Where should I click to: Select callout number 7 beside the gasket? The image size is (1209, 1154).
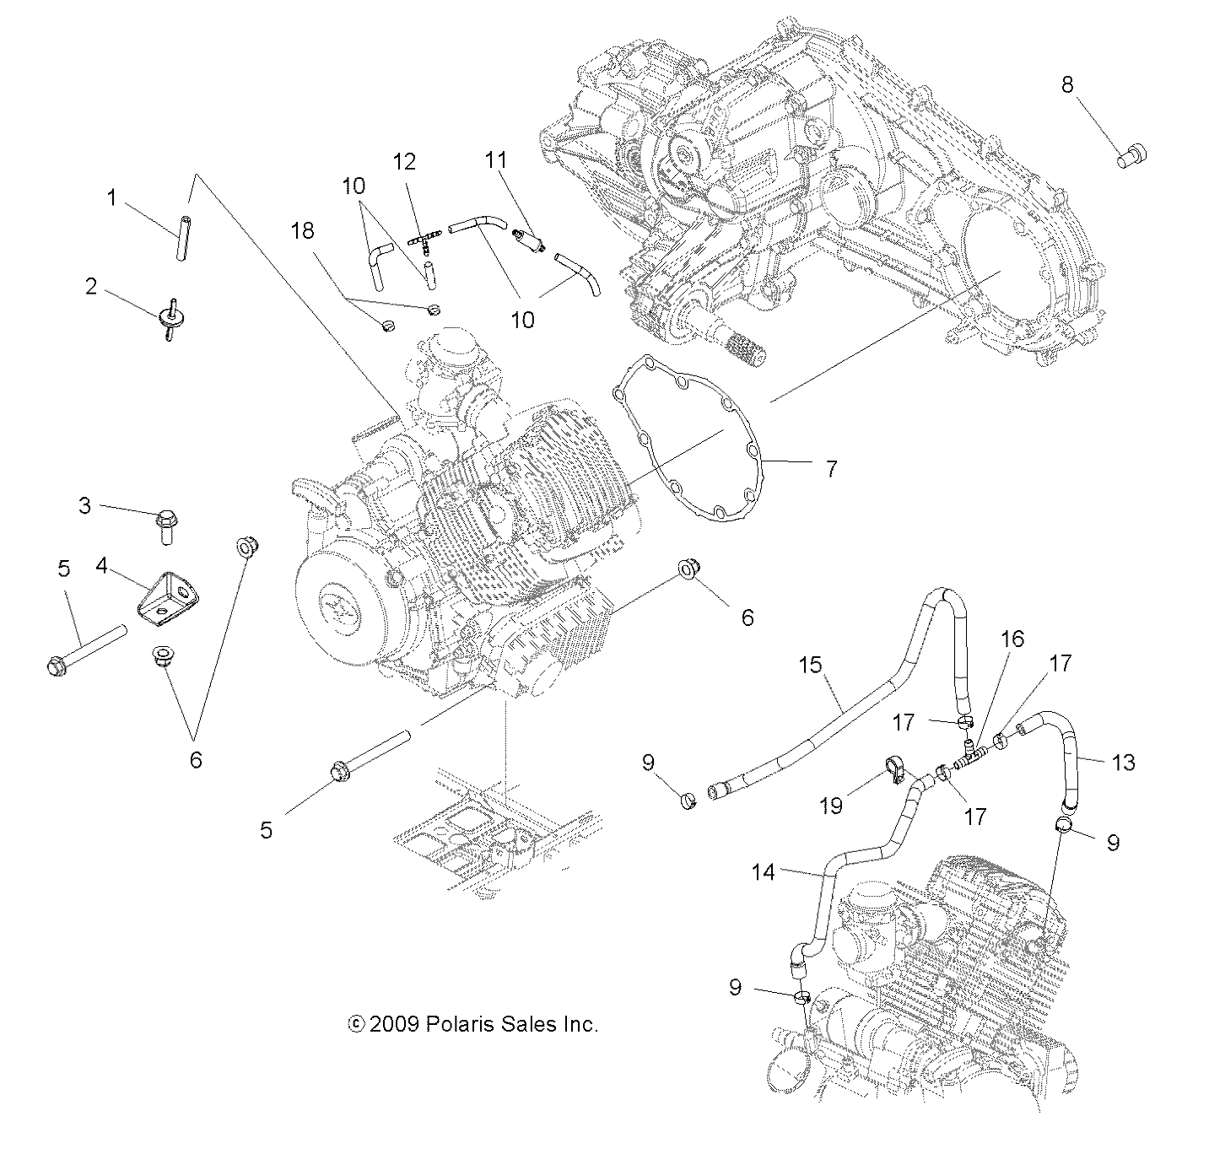point(831,469)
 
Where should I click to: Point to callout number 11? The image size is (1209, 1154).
point(494,158)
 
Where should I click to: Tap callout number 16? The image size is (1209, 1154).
point(1012,639)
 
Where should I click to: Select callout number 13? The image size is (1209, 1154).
point(1123,763)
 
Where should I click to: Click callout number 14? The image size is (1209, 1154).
point(763,871)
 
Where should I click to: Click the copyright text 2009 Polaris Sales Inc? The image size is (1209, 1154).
point(473,1024)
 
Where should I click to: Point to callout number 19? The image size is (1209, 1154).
point(831,806)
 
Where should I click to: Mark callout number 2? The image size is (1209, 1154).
point(91,287)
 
